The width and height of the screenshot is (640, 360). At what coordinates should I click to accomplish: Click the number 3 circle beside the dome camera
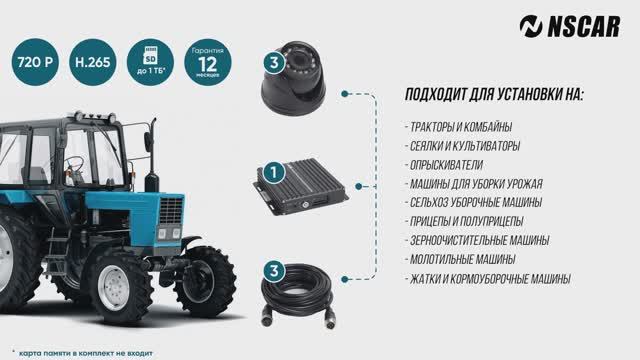270,61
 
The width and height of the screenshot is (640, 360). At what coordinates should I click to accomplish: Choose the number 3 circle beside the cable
271,270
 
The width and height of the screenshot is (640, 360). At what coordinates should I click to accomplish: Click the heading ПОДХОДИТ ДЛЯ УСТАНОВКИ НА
494,96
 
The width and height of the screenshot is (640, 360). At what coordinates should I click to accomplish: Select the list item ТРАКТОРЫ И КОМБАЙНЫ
459,127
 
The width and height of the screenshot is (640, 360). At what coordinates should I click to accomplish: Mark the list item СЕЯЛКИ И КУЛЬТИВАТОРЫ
466,146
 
